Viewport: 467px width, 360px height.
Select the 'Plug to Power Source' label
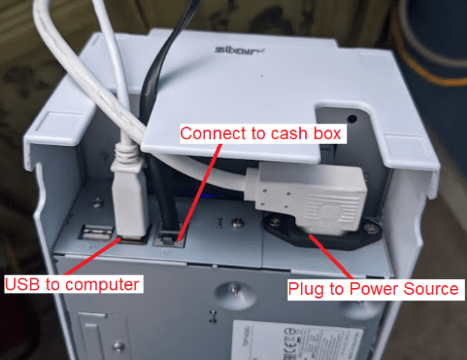pyautogui.click(x=373, y=288)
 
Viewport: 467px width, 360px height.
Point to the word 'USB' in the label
pyautogui.click(x=23, y=284)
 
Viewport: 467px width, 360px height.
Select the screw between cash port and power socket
pyautogui.click(x=237, y=222)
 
